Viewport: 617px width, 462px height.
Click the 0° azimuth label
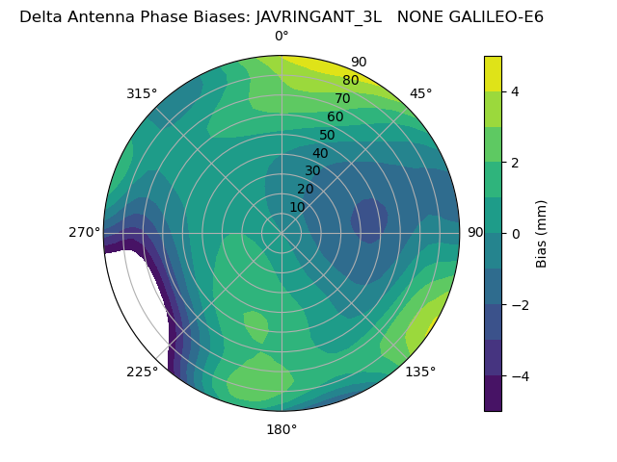point(282,37)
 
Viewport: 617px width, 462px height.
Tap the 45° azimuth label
point(421,93)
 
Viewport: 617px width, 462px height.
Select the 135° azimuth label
point(420,372)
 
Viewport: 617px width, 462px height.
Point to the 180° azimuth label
point(282,429)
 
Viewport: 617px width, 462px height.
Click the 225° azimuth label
point(142,372)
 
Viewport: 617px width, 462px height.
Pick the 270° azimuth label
point(84,232)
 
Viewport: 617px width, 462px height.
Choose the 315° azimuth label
point(142,93)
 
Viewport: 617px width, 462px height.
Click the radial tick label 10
point(297,207)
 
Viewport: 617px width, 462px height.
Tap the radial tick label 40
point(320,153)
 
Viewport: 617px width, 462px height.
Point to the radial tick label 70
point(342,98)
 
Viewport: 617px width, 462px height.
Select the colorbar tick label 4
point(515,91)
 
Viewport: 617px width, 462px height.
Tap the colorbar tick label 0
point(515,234)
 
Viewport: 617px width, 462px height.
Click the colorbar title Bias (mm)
point(542,234)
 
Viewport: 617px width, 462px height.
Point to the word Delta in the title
point(40,16)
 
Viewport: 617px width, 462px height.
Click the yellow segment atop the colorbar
point(493,73)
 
